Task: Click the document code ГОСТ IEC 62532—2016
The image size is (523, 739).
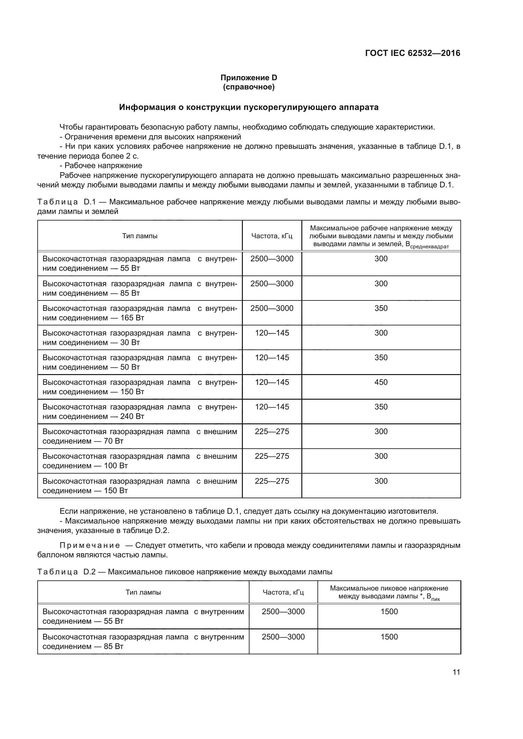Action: click(413, 53)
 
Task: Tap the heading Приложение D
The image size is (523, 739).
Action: click(249, 78)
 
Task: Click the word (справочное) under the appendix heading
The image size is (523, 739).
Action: click(249, 87)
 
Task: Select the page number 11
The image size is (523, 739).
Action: click(456, 672)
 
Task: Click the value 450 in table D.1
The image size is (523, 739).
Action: click(381, 382)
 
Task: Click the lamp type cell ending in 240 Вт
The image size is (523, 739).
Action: click(139, 411)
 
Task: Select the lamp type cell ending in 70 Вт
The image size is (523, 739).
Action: click(139, 436)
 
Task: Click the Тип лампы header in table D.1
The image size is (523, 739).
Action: click(139, 236)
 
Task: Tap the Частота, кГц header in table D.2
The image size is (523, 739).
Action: click(283, 592)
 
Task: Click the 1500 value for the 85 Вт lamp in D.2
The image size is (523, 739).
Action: click(389, 637)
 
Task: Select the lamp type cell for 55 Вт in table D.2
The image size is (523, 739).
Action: click(143, 616)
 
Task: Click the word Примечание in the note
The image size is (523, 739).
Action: click(90, 545)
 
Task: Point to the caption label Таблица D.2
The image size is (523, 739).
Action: click(66, 572)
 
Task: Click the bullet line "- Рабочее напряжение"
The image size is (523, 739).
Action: click(101, 166)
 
